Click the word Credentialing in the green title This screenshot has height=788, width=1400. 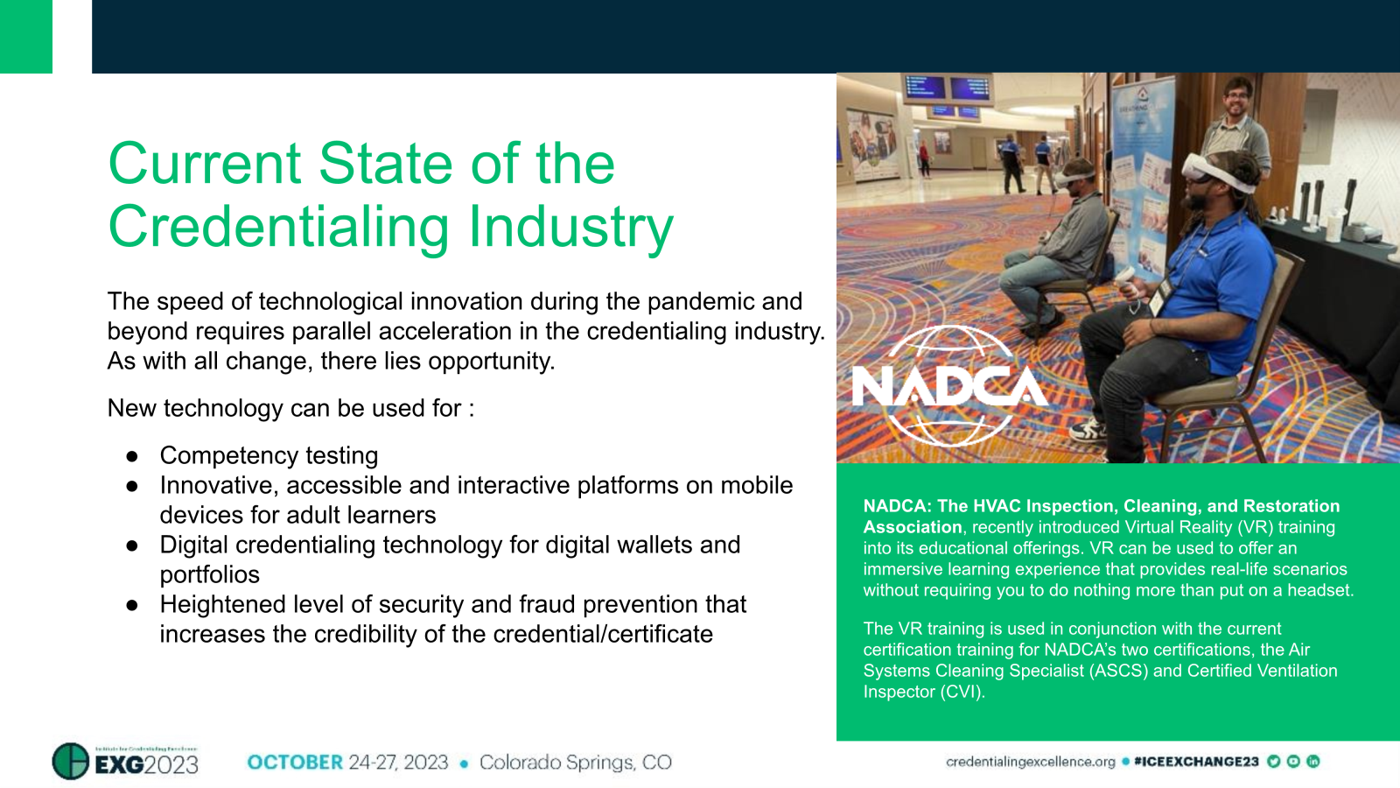(281, 227)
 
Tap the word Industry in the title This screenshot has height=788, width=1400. (570, 227)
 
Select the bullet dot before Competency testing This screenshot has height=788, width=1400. (132, 456)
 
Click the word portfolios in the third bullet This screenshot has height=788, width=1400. (210, 574)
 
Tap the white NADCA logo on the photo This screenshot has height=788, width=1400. (948, 386)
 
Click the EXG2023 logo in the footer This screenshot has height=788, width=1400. (126, 762)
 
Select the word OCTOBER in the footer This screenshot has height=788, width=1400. (295, 763)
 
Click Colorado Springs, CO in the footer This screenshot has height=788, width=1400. (575, 763)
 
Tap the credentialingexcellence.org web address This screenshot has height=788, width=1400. (1030, 762)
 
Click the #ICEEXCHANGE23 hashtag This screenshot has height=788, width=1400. (1195, 762)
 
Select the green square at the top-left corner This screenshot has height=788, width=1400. (26, 36)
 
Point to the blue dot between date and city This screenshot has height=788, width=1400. (464, 763)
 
